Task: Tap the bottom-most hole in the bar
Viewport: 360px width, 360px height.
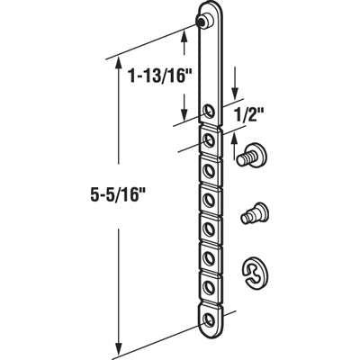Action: pos(211,319)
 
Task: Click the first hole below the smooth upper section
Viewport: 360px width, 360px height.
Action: pos(210,112)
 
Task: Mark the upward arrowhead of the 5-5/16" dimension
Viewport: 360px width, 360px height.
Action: pos(118,63)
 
